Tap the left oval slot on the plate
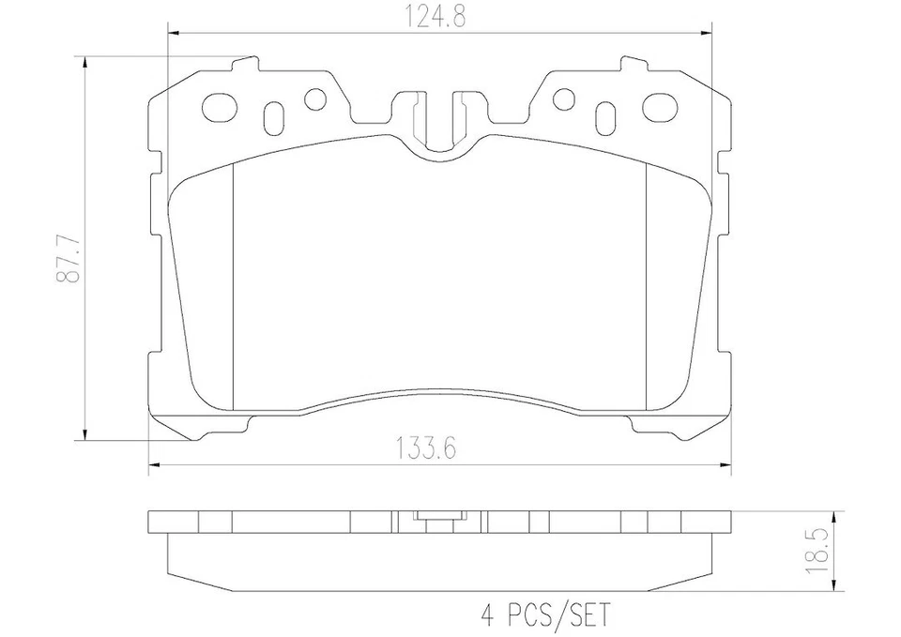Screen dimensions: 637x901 click(275, 116)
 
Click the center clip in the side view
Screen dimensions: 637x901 click(438, 516)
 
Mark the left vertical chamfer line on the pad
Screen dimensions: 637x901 click(232, 281)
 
